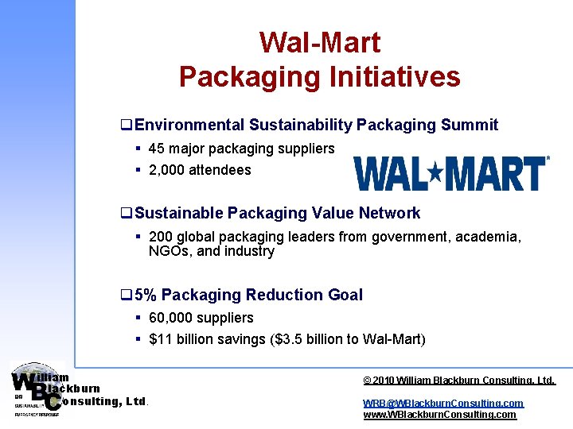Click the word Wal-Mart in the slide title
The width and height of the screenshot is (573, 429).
(320, 43)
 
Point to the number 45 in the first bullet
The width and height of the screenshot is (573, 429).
(157, 149)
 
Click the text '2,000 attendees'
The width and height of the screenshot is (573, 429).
(200, 170)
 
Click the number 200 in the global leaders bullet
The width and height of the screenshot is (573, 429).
(161, 237)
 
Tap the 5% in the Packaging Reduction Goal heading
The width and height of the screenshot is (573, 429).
(146, 296)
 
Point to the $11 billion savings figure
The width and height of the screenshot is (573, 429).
(187, 339)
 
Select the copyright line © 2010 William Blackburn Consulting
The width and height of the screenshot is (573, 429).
(459, 381)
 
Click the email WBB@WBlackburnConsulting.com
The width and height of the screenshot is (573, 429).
(443, 404)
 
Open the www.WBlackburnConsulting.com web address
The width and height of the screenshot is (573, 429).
(439, 415)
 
